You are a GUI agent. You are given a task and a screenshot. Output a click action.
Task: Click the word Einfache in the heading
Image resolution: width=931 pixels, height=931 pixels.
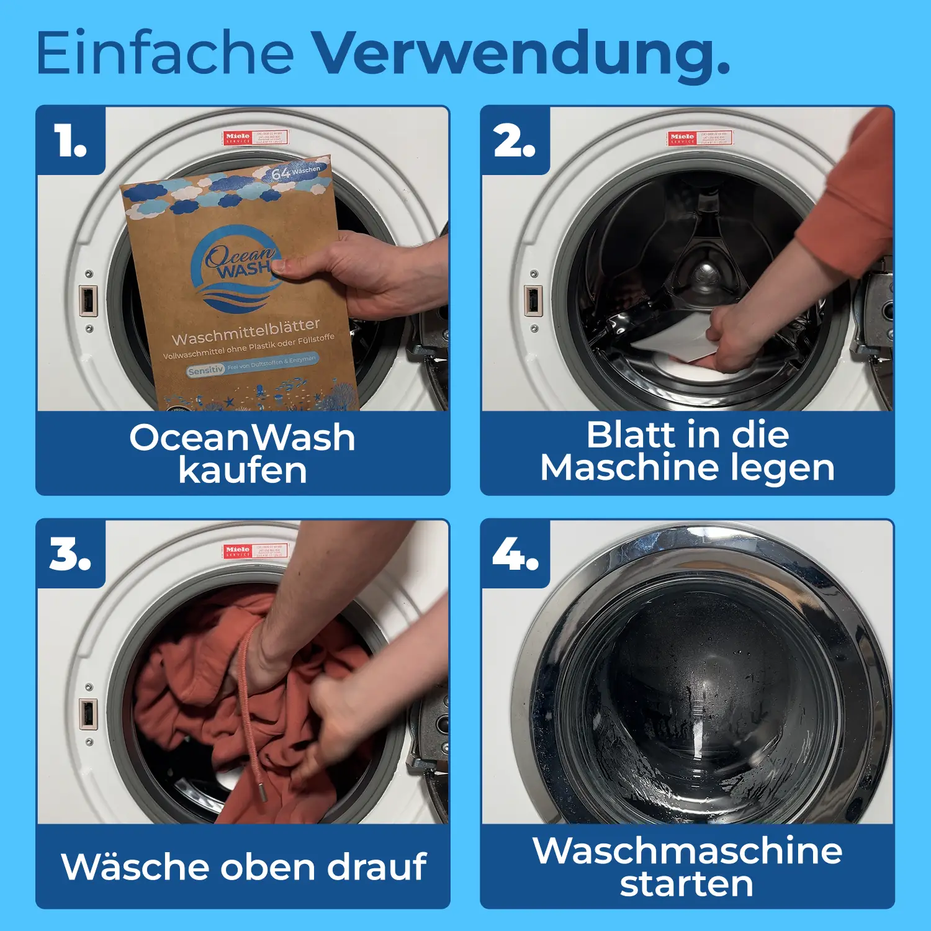tap(164, 53)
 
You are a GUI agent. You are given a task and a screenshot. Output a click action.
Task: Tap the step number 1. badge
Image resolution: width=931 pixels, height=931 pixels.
tap(70, 140)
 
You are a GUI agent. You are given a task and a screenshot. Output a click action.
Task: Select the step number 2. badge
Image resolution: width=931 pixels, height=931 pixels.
tap(515, 140)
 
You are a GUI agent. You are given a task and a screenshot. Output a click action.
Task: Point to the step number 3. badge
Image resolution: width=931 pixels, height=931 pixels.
tap(70, 554)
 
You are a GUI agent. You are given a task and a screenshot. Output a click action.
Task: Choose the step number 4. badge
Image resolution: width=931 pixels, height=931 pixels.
tap(515, 554)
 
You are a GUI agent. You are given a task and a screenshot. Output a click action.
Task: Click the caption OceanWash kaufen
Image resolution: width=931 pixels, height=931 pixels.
tap(242, 453)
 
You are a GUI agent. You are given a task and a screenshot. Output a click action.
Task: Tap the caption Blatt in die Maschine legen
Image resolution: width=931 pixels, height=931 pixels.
tap(687, 451)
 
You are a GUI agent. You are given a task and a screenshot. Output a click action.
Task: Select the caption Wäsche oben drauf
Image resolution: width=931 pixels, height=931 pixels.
tap(243, 866)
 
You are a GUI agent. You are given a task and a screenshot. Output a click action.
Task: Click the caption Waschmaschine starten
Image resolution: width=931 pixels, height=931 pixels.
tap(687, 866)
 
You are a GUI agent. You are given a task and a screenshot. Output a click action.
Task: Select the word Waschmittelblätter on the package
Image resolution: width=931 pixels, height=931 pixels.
tap(246, 331)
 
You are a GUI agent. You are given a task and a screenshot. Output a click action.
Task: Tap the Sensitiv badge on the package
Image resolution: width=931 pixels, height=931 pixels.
tap(205, 370)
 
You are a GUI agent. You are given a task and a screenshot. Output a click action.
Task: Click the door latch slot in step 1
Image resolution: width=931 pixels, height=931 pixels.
tap(88, 300)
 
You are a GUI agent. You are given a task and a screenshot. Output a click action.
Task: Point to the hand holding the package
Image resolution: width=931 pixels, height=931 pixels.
tap(366, 273)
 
